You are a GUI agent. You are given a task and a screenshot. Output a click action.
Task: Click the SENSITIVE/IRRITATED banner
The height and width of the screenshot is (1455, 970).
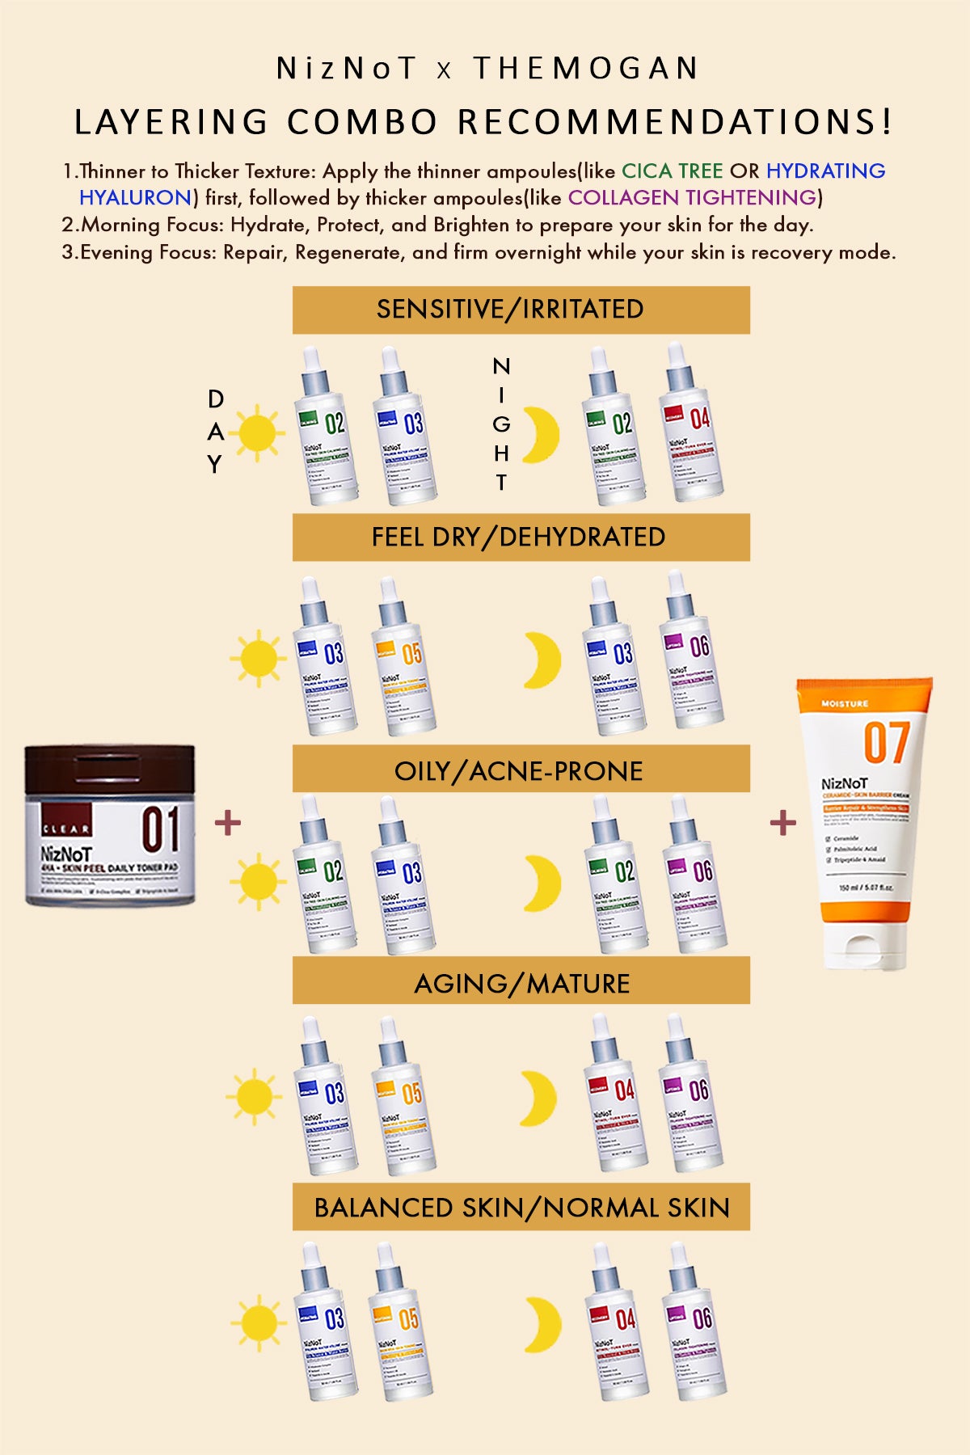pyautogui.click(x=521, y=310)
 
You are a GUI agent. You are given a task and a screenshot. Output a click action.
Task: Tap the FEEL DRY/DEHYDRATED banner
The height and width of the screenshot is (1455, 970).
pyautogui.click(x=521, y=538)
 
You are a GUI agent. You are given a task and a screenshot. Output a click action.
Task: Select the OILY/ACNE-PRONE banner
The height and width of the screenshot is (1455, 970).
pyautogui.click(x=521, y=770)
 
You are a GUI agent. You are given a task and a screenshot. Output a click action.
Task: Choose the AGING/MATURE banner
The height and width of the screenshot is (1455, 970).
pyautogui.click(x=521, y=982)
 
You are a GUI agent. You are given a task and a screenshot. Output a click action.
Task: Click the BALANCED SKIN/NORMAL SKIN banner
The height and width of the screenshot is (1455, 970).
pyautogui.click(x=521, y=1207)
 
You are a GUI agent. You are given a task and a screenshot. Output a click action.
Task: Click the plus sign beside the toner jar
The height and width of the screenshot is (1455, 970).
pyautogui.click(x=228, y=823)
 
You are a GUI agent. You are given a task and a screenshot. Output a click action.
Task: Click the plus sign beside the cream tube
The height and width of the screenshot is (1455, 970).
pyautogui.click(x=782, y=823)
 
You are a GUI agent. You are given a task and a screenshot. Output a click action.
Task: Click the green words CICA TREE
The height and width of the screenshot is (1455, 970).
pyautogui.click(x=672, y=171)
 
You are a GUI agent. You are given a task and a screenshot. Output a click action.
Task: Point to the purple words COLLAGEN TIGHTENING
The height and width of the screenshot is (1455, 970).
pyautogui.click(x=692, y=198)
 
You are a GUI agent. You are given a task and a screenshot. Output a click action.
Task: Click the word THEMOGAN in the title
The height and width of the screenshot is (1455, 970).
pyautogui.click(x=585, y=69)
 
